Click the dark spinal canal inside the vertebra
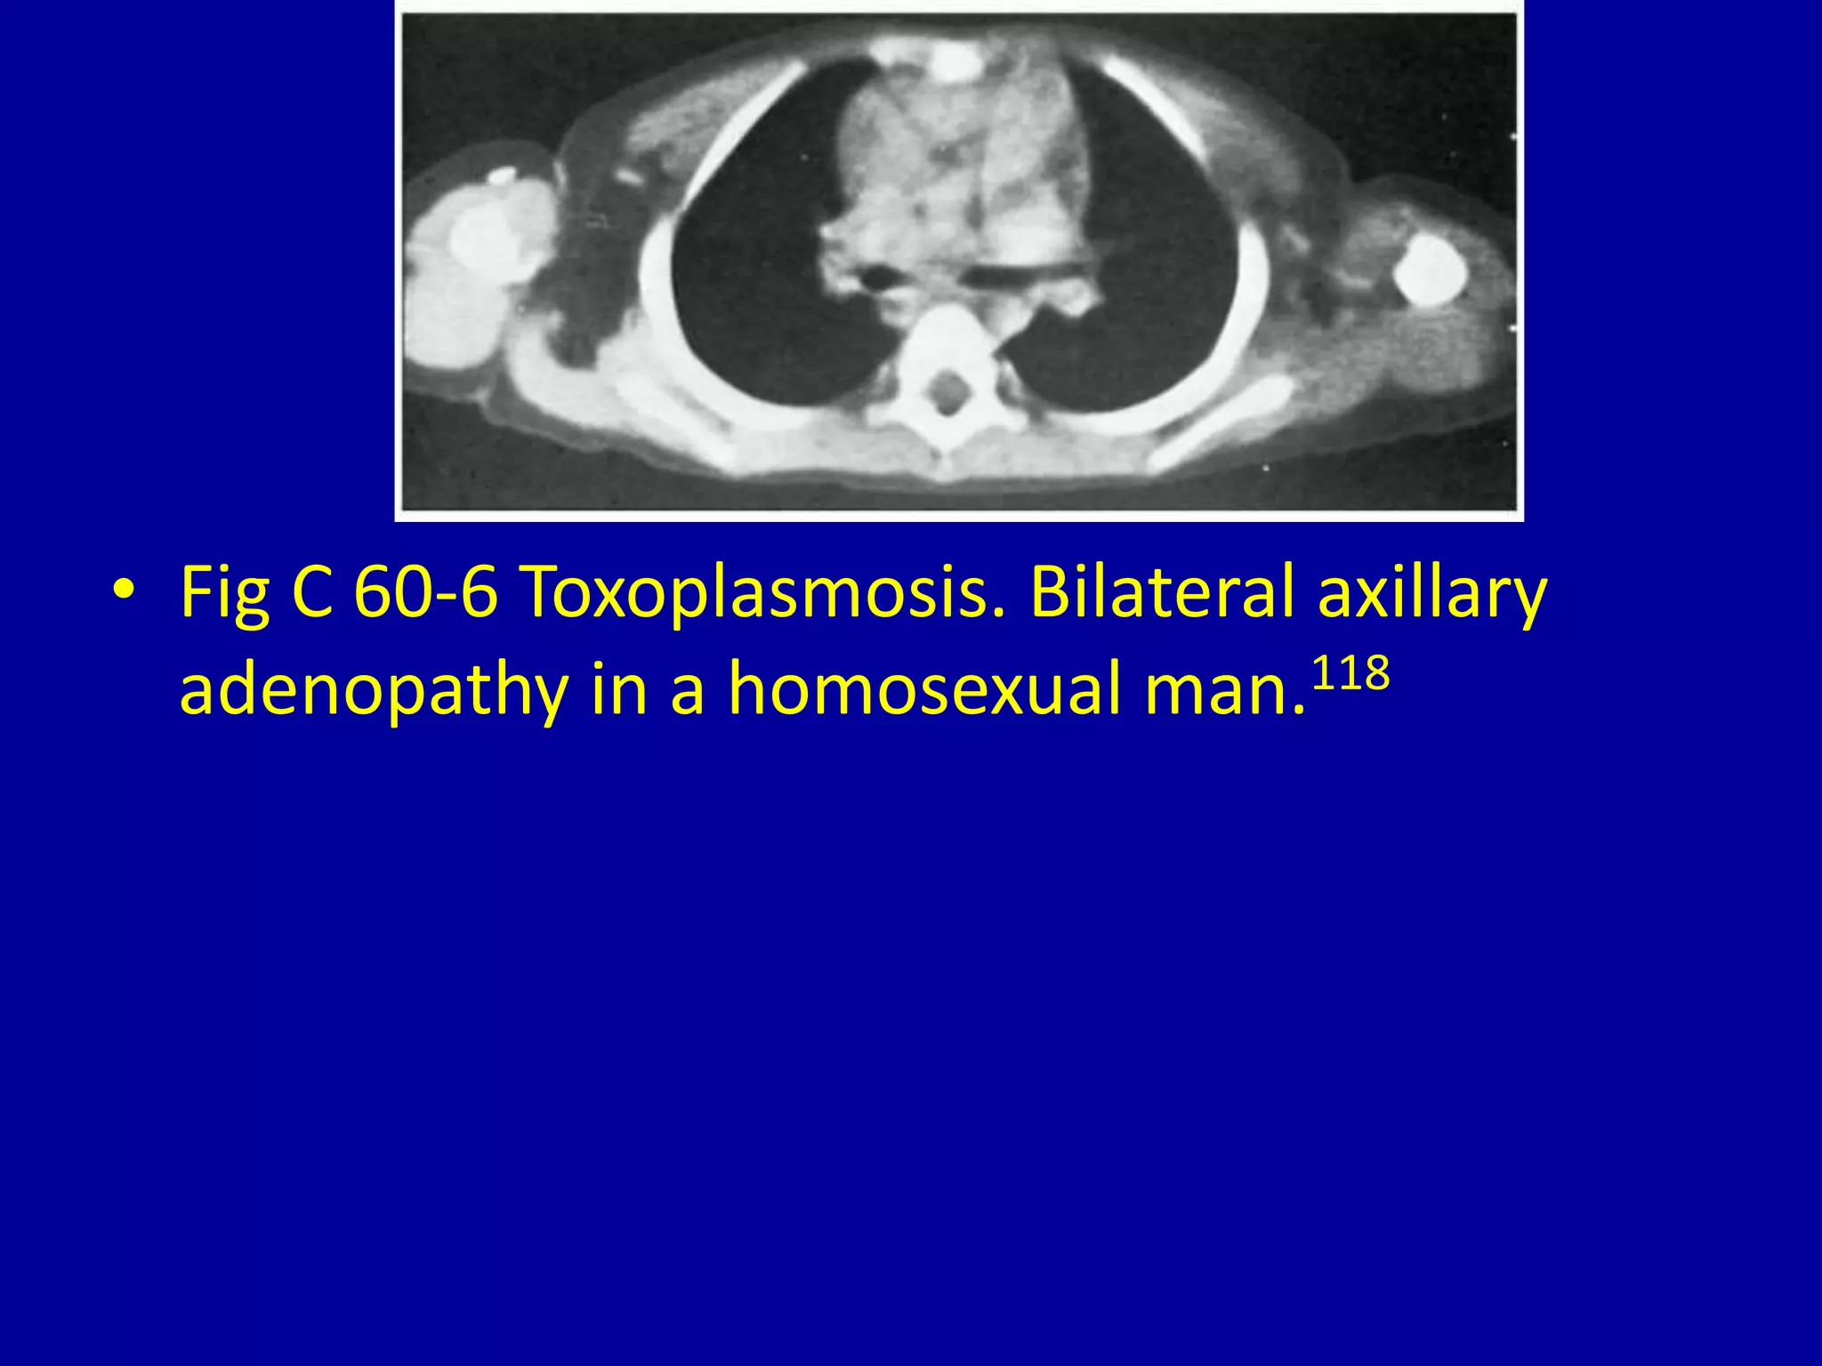949,389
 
